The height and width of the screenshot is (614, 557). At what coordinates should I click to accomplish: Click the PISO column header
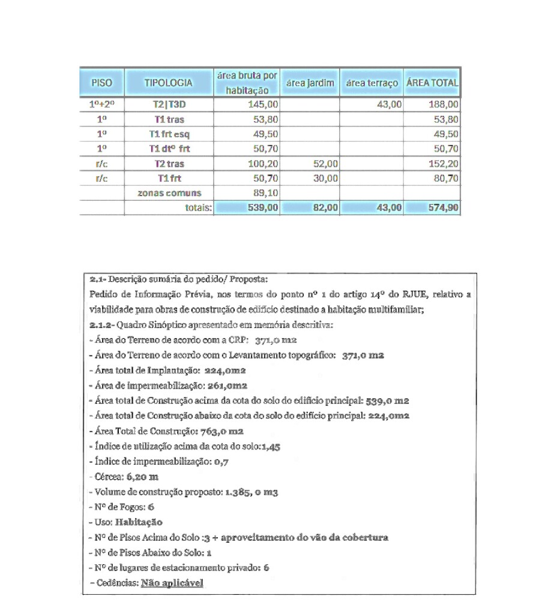(101, 83)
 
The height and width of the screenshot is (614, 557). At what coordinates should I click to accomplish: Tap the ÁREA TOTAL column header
(432, 83)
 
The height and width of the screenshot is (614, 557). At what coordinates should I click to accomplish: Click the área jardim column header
(309, 83)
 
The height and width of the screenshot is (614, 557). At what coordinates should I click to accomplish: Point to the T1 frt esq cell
(169, 134)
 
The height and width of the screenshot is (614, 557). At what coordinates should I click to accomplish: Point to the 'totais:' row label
(198, 207)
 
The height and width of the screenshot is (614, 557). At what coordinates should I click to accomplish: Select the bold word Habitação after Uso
(139, 522)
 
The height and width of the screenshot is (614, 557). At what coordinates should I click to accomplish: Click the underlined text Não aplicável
(172, 582)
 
